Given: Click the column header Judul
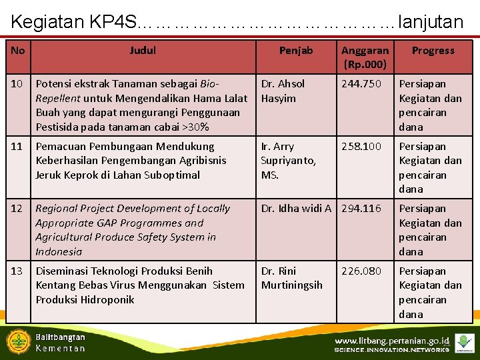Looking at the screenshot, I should point(143,51).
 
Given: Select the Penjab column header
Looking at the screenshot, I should point(296,51).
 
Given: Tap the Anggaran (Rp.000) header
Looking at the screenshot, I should point(365,57).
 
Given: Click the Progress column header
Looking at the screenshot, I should point(433,51).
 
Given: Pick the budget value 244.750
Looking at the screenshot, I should point(361,84).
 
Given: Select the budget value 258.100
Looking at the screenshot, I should point(361,147).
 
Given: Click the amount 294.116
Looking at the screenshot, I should point(361,209).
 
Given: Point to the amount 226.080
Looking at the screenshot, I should point(361,271).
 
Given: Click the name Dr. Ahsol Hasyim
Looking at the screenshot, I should point(283,91).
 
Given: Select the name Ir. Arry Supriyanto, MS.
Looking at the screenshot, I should point(288,161).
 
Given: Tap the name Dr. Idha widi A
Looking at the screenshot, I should point(296,209).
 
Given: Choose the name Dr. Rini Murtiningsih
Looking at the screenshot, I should point(291,278).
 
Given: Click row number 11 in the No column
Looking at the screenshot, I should point(17,147).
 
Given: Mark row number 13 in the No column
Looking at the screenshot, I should point(17,271).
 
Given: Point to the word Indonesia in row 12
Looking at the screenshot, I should point(59,252).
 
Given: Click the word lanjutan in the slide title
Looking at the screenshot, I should point(429,22).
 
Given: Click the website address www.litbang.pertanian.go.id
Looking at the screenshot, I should point(392,341).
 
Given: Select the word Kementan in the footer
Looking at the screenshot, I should point(60,348).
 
